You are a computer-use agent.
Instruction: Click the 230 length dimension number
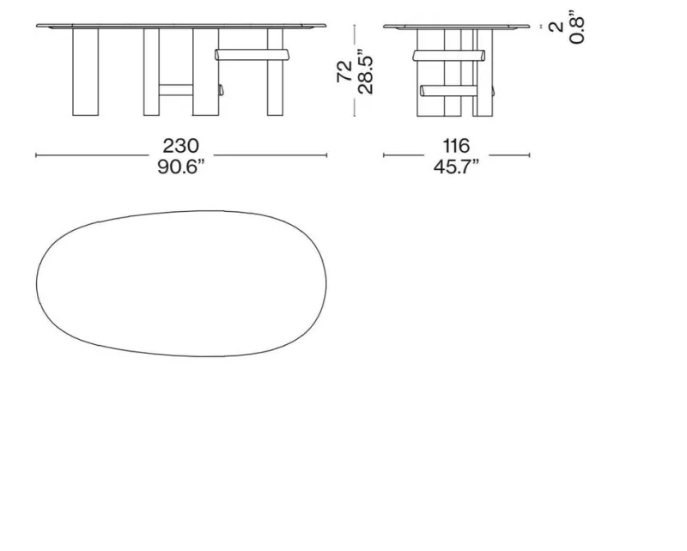click(180, 145)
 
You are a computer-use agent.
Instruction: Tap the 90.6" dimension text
click(181, 167)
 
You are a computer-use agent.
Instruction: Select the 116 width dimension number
click(456, 145)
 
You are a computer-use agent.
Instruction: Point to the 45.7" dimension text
click(456, 167)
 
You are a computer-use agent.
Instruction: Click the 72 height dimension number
click(345, 71)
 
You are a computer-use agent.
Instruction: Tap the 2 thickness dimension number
click(556, 27)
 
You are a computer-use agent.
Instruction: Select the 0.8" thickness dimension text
click(577, 27)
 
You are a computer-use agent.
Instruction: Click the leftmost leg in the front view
click(85, 72)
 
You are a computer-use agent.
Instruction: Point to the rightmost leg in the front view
click(275, 72)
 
